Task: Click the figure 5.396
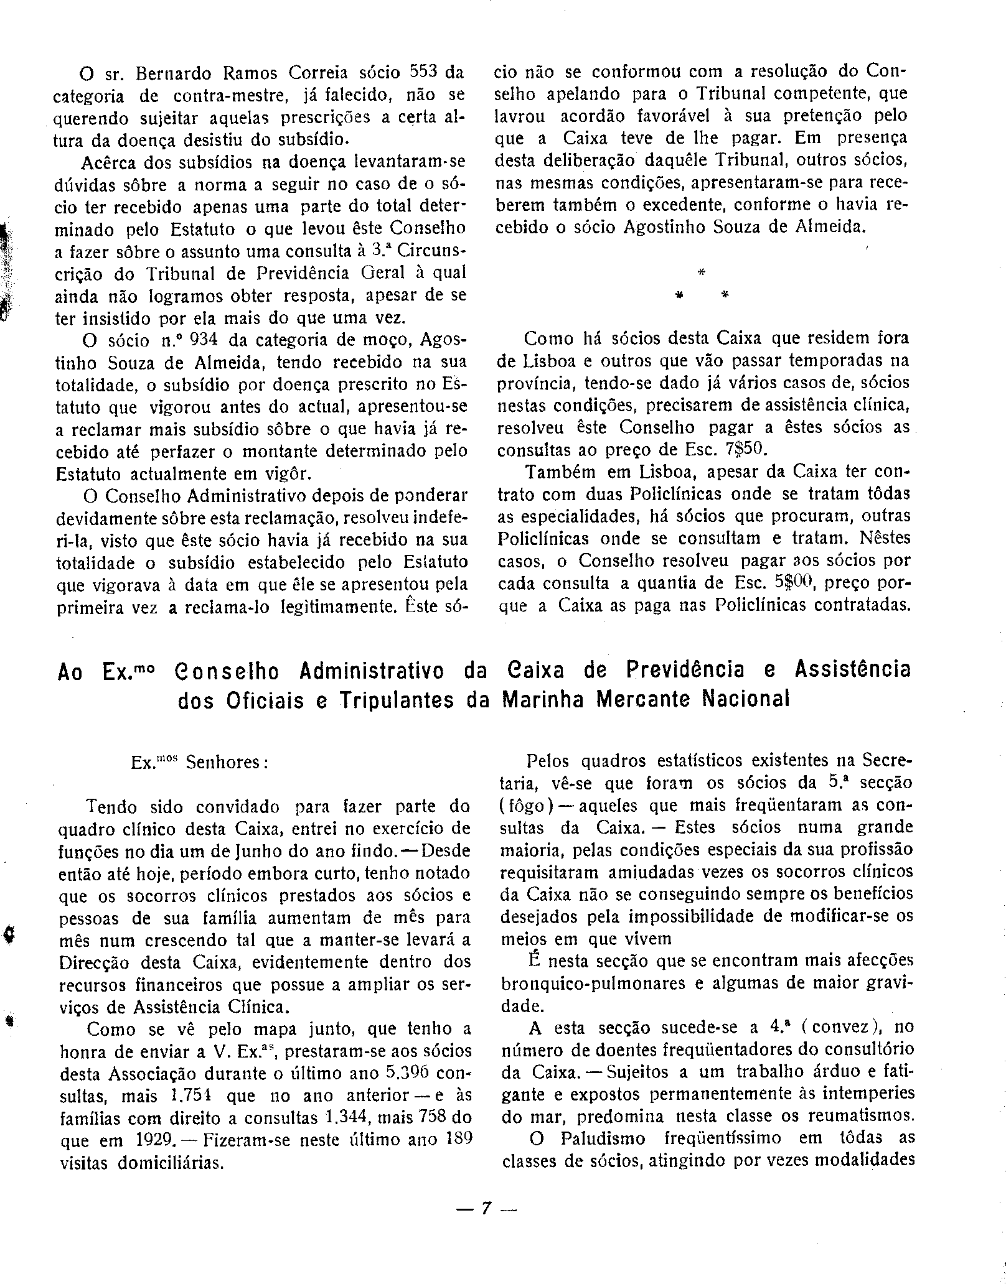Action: [x=405, y=1073]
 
